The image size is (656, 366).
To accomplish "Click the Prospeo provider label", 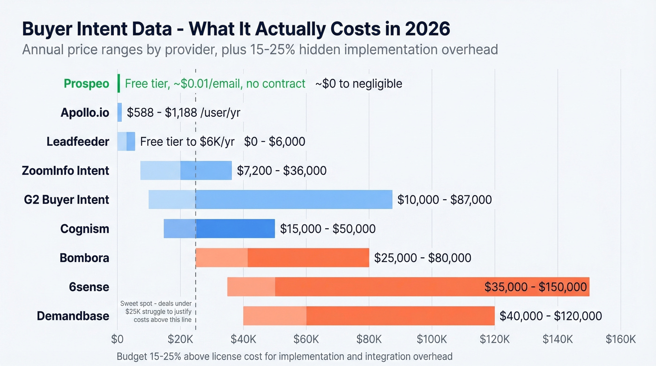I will point(86,84).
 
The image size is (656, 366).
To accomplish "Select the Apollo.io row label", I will point(84,113).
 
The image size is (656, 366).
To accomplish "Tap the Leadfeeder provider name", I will point(78,142).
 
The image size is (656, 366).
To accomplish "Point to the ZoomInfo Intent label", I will point(66,171).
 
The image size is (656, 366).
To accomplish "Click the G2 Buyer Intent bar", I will point(270,200).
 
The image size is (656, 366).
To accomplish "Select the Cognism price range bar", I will point(219,229).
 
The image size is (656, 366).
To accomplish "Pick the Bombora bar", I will point(282,258).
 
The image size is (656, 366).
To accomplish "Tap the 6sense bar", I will point(408,287).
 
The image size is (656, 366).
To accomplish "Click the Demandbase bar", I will point(369,316).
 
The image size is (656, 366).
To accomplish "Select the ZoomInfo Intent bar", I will point(186,171).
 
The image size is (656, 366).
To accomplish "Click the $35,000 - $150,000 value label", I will point(536,287).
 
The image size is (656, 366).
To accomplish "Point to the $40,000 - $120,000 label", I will point(551,316).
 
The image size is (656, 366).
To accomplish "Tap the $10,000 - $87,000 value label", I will point(444,200).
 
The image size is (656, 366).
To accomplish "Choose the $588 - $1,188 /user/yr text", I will point(184,113).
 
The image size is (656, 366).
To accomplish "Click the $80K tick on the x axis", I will point(369,339).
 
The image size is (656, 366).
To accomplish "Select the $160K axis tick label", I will point(620,339).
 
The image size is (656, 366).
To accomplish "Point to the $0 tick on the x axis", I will point(117,339).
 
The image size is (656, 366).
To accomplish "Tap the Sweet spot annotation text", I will point(156,311).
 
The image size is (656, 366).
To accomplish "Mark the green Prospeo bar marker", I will point(119,83).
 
